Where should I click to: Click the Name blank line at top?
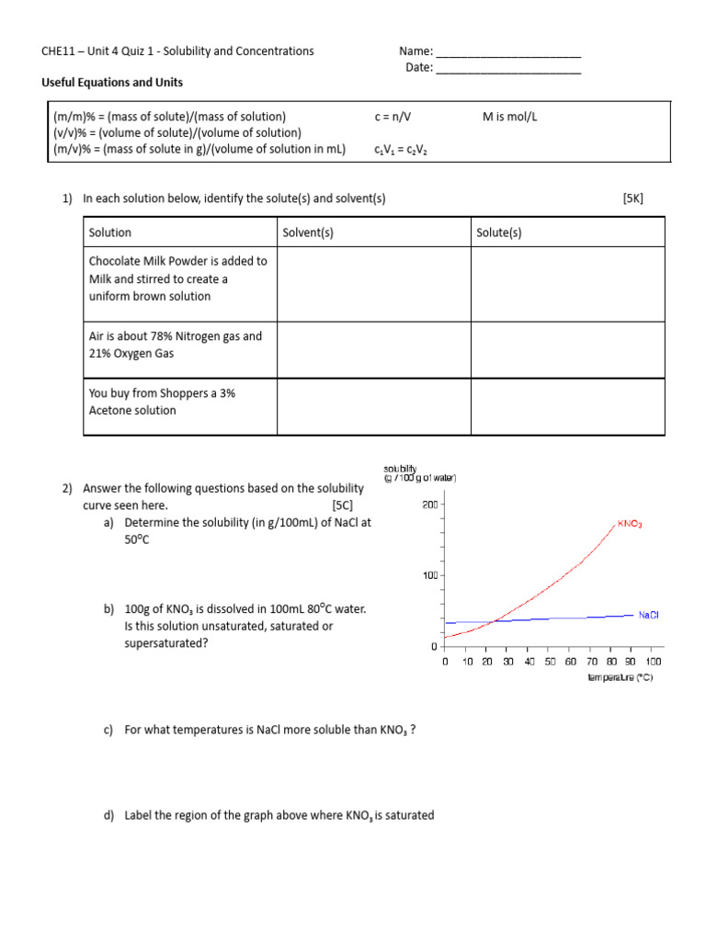[507, 52]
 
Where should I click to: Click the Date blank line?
[507, 69]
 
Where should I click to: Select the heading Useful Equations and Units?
[112, 83]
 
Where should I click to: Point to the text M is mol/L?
[517, 117]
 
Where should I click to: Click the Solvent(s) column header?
[308, 232]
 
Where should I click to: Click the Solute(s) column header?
[499, 232]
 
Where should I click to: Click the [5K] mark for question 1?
[633, 198]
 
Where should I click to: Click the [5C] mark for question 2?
[342, 505]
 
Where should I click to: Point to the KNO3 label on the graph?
[630, 524]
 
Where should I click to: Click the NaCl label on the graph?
[648, 615]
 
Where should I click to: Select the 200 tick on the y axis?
[430, 505]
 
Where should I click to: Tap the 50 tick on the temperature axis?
[550, 662]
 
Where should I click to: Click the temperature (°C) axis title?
[621, 677]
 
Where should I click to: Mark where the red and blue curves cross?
[495, 621]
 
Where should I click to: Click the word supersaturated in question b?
[166, 643]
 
